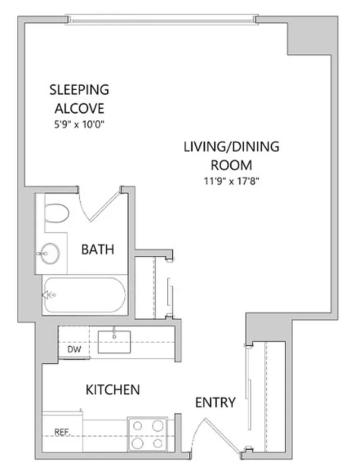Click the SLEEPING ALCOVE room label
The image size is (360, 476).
coord(80,99)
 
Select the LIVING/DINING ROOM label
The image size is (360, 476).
coord(231,156)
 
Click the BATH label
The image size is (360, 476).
coord(97,250)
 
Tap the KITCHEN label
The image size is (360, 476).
coord(113,390)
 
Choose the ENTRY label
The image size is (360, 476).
coord(215,403)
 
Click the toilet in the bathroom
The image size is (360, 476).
coord(57,212)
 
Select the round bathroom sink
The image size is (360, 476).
coord(49,254)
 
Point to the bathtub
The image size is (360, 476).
coord(83,296)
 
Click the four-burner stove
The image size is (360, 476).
coord(147,435)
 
